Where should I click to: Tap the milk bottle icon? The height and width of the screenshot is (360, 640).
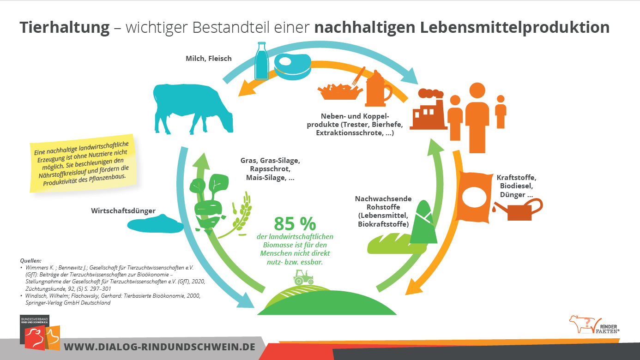(x=262, y=61)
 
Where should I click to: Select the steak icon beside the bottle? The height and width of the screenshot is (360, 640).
(x=292, y=64)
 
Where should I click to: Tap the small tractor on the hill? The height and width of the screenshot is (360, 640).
(x=303, y=277)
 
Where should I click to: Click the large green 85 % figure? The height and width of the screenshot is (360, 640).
(x=295, y=224)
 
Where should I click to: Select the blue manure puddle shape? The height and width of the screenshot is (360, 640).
(x=155, y=225)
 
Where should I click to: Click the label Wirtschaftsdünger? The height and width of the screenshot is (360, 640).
(x=123, y=211)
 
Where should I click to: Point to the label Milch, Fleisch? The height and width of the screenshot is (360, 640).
(x=208, y=58)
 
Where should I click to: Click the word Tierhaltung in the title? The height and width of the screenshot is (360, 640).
(x=65, y=28)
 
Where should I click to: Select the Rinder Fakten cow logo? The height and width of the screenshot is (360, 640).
(x=582, y=324)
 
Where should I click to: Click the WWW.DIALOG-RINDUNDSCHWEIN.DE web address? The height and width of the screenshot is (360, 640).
(x=159, y=347)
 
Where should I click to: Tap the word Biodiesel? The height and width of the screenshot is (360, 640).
(x=515, y=186)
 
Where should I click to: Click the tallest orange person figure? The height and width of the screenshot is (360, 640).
(x=477, y=118)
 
